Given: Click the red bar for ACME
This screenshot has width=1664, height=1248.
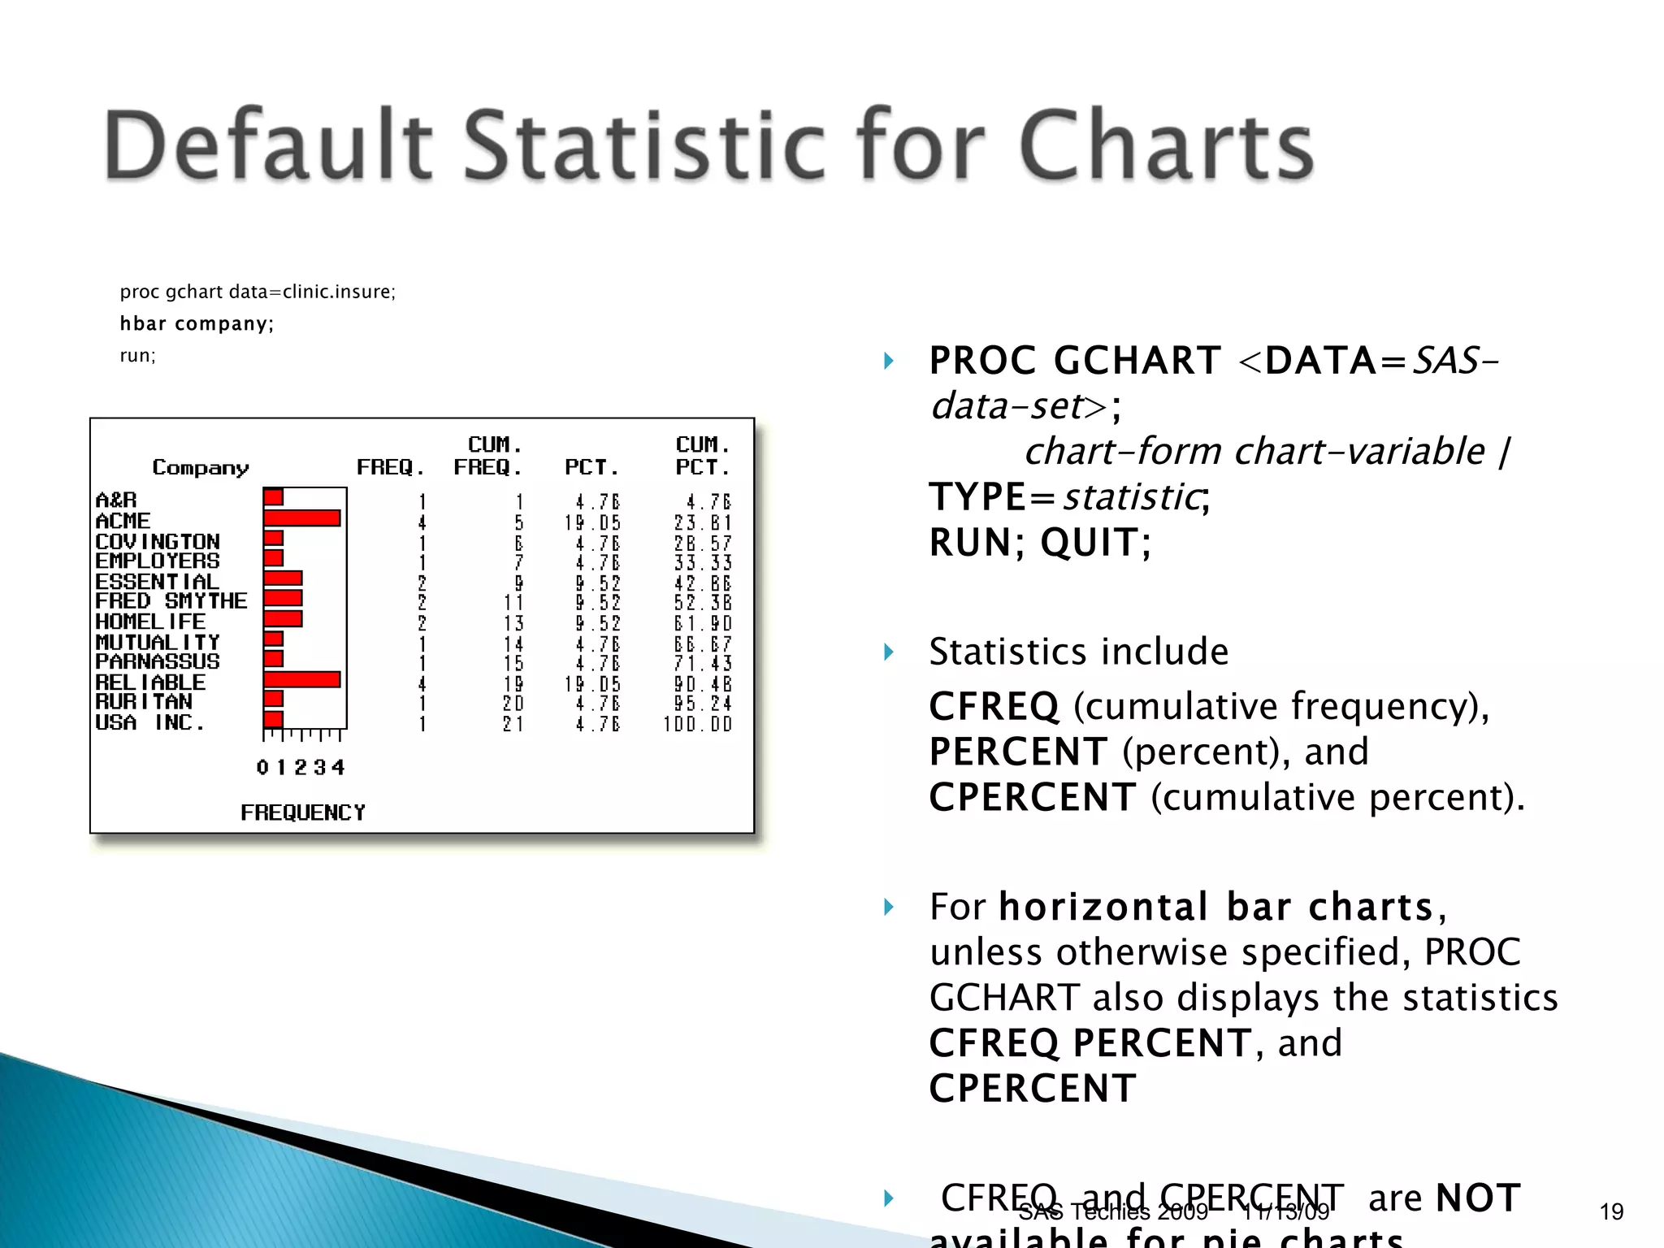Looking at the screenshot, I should point(301,518).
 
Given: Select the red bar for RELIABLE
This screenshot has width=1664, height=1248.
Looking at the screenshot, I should point(301,679).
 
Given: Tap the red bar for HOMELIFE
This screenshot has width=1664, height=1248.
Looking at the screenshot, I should point(283,619).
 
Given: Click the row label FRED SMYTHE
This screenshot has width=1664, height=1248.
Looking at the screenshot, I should point(171,601).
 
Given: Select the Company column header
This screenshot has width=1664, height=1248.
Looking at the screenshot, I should point(201,467).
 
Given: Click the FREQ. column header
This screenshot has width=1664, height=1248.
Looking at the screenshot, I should point(391,467).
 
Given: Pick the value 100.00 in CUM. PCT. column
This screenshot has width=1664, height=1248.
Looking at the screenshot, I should point(697,724).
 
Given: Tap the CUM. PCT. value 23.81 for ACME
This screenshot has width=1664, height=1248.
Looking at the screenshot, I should point(702,522).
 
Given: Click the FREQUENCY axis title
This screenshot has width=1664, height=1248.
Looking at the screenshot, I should point(302,812).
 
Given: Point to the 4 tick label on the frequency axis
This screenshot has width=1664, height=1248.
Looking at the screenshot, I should point(338,767).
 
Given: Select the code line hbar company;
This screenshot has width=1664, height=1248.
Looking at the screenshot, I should point(197,323).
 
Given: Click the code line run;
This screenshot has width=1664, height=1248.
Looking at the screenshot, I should point(137,355).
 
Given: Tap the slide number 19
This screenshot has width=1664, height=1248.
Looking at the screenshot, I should point(1611,1211).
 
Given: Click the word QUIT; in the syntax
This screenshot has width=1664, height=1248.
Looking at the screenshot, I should point(1096,542).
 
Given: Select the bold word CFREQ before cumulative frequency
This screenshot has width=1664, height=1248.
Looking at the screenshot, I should point(994,706).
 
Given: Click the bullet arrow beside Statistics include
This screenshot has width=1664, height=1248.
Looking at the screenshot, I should point(888,652).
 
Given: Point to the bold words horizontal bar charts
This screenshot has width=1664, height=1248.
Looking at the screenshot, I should point(1216,906).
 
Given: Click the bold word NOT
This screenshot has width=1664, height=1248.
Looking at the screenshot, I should point(1478,1198).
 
